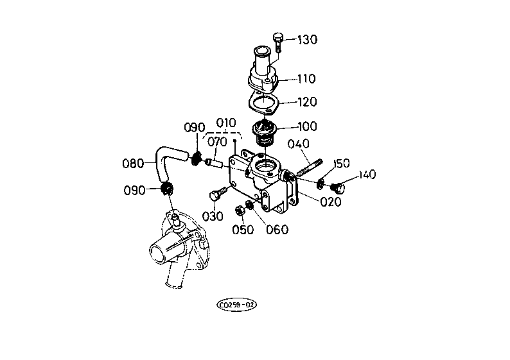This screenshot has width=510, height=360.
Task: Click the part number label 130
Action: coord(308,40)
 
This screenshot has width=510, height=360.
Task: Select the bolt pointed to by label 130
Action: coord(277,42)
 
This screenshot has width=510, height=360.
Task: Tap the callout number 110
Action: coord(306,79)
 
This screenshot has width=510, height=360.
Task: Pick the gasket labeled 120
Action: coord(263,102)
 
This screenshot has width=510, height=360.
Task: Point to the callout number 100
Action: coord(308,126)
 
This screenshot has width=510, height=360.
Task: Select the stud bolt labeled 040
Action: coord(310,167)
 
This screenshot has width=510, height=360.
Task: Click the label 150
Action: coord(341,163)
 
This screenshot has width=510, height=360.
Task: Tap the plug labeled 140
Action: coord(337,187)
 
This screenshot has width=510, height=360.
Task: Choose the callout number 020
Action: coord(331,201)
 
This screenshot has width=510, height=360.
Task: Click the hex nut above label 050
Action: coord(239,211)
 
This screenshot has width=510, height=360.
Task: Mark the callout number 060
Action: coord(277,230)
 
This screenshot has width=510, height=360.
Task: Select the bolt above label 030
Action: coord(218,194)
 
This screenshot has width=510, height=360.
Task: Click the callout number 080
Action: coord(133,163)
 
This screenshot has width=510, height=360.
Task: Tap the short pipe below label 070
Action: coord(214,163)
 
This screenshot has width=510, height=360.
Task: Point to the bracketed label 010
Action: coord(226,123)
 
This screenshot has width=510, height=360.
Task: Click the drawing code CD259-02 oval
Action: coord(236,305)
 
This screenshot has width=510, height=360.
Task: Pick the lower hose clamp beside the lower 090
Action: coord(168,189)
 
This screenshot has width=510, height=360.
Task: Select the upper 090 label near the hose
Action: coord(195,127)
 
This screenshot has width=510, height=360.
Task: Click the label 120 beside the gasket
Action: coord(308,102)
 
